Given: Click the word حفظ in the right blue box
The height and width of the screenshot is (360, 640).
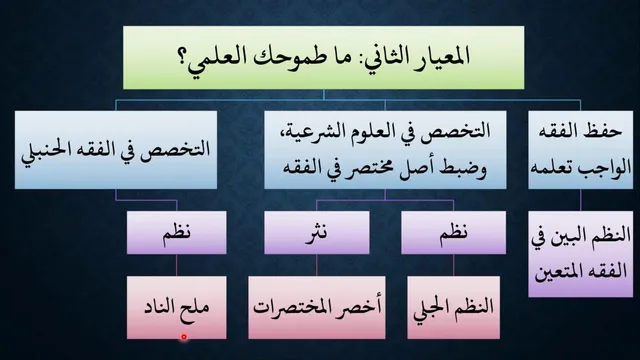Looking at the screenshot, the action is coord(605,131).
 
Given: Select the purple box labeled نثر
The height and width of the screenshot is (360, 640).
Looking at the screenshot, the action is coord(317,233).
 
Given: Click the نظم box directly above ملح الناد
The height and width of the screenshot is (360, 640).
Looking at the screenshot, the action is coord(176,233).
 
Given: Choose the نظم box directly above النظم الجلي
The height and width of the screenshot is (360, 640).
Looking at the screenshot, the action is coord(453,233).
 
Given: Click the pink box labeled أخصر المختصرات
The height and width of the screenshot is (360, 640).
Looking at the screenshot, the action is coord(317,307).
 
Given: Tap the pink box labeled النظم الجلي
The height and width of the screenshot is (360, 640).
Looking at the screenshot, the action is coord(453,307).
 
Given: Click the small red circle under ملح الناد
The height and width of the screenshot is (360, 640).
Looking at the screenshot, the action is coord(184,337).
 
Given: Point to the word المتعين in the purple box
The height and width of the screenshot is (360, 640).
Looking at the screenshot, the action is coord(558,271).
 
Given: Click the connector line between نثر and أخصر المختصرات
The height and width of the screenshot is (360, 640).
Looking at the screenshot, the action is coord(317,265).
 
